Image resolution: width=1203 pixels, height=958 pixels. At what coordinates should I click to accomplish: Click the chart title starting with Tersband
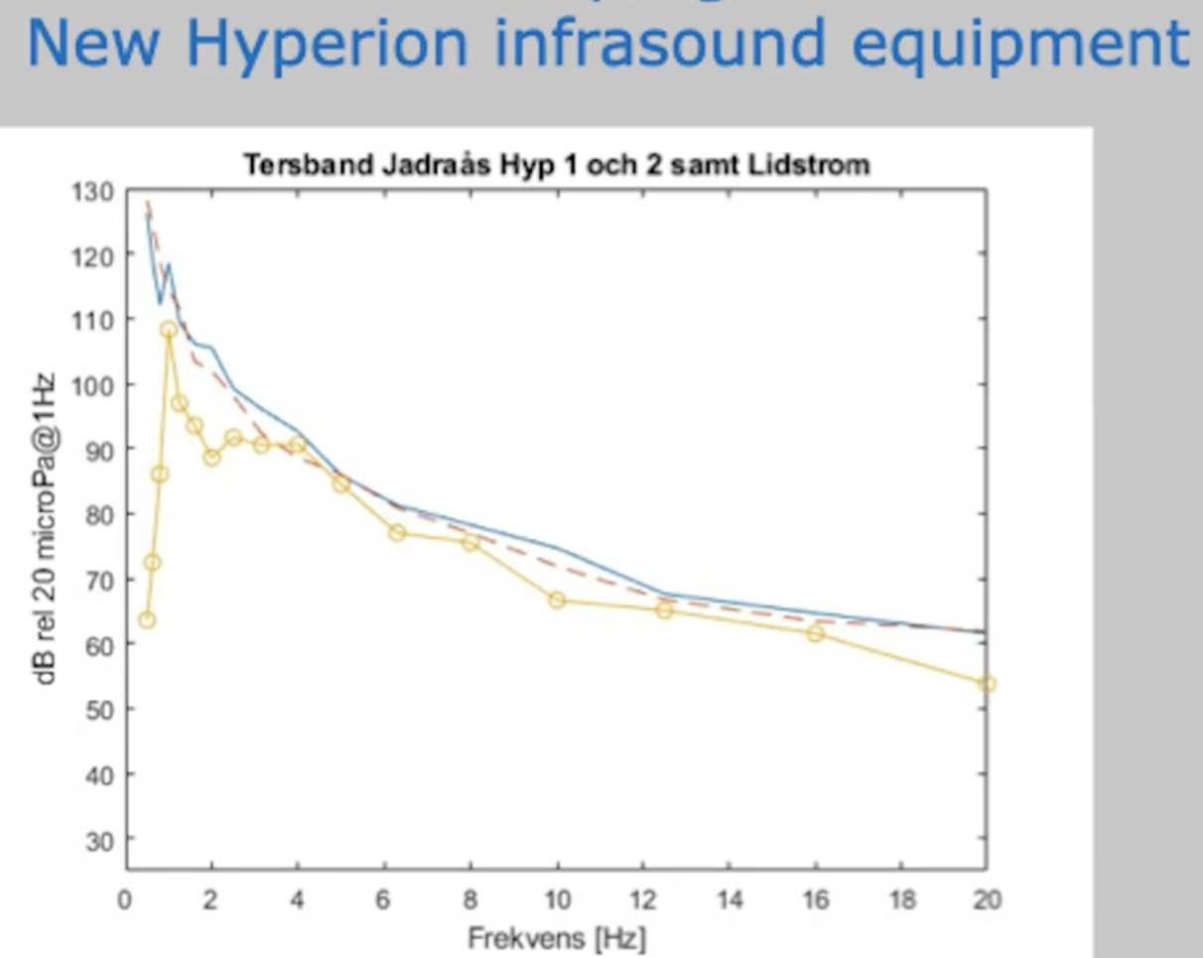[x=556, y=165]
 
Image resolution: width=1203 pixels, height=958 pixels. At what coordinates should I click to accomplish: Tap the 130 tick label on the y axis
[x=93, y=191]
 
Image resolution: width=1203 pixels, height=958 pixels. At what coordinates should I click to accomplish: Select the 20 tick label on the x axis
[x=987, y=900]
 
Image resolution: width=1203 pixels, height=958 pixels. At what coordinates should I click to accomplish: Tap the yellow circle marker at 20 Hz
[x=987, y=684]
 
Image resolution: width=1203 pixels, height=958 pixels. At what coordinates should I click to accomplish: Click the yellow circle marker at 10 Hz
[x=557, y=600]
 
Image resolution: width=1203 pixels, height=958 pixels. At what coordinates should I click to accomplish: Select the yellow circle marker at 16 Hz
[x=815, y=633]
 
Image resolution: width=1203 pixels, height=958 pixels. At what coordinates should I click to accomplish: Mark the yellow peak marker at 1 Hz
[x=169, y=329]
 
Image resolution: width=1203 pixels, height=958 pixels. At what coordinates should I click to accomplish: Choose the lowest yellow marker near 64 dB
[x=147, y=619]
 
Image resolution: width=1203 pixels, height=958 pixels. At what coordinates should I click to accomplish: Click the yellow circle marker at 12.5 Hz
[x=664, y=610]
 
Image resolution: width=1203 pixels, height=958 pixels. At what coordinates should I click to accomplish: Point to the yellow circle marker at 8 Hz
[x=470, y=542]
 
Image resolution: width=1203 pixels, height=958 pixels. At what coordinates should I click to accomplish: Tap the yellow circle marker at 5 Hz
[x=340, y=483]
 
